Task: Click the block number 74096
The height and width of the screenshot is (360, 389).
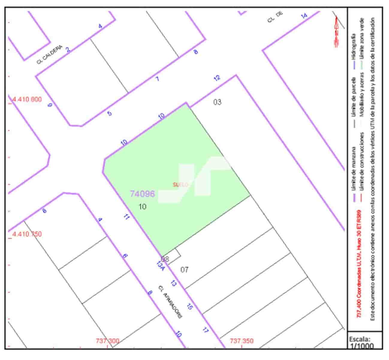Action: pos(142,194)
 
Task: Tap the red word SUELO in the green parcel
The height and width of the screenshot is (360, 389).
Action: pos(180,184)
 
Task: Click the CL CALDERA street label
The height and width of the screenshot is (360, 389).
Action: pos(49,55)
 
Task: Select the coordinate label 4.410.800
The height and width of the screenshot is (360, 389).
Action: pos(27,99)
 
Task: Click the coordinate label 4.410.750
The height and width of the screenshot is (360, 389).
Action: pos(27,234)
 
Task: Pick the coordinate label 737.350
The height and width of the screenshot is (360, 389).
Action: pos(242,341)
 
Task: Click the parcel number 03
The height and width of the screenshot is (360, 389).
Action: pos(217,102)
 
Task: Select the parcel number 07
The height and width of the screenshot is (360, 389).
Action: pos(184,269)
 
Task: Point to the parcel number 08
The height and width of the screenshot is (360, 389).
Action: pos(165,259)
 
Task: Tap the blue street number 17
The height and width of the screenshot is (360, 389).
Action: pos(205,330)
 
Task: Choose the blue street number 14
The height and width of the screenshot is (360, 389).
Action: pos(304,16)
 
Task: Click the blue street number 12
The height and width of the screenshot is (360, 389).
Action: pos(217,78)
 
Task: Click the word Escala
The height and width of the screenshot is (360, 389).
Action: pos(360,339)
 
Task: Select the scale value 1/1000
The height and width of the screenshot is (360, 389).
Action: pos(361,346)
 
